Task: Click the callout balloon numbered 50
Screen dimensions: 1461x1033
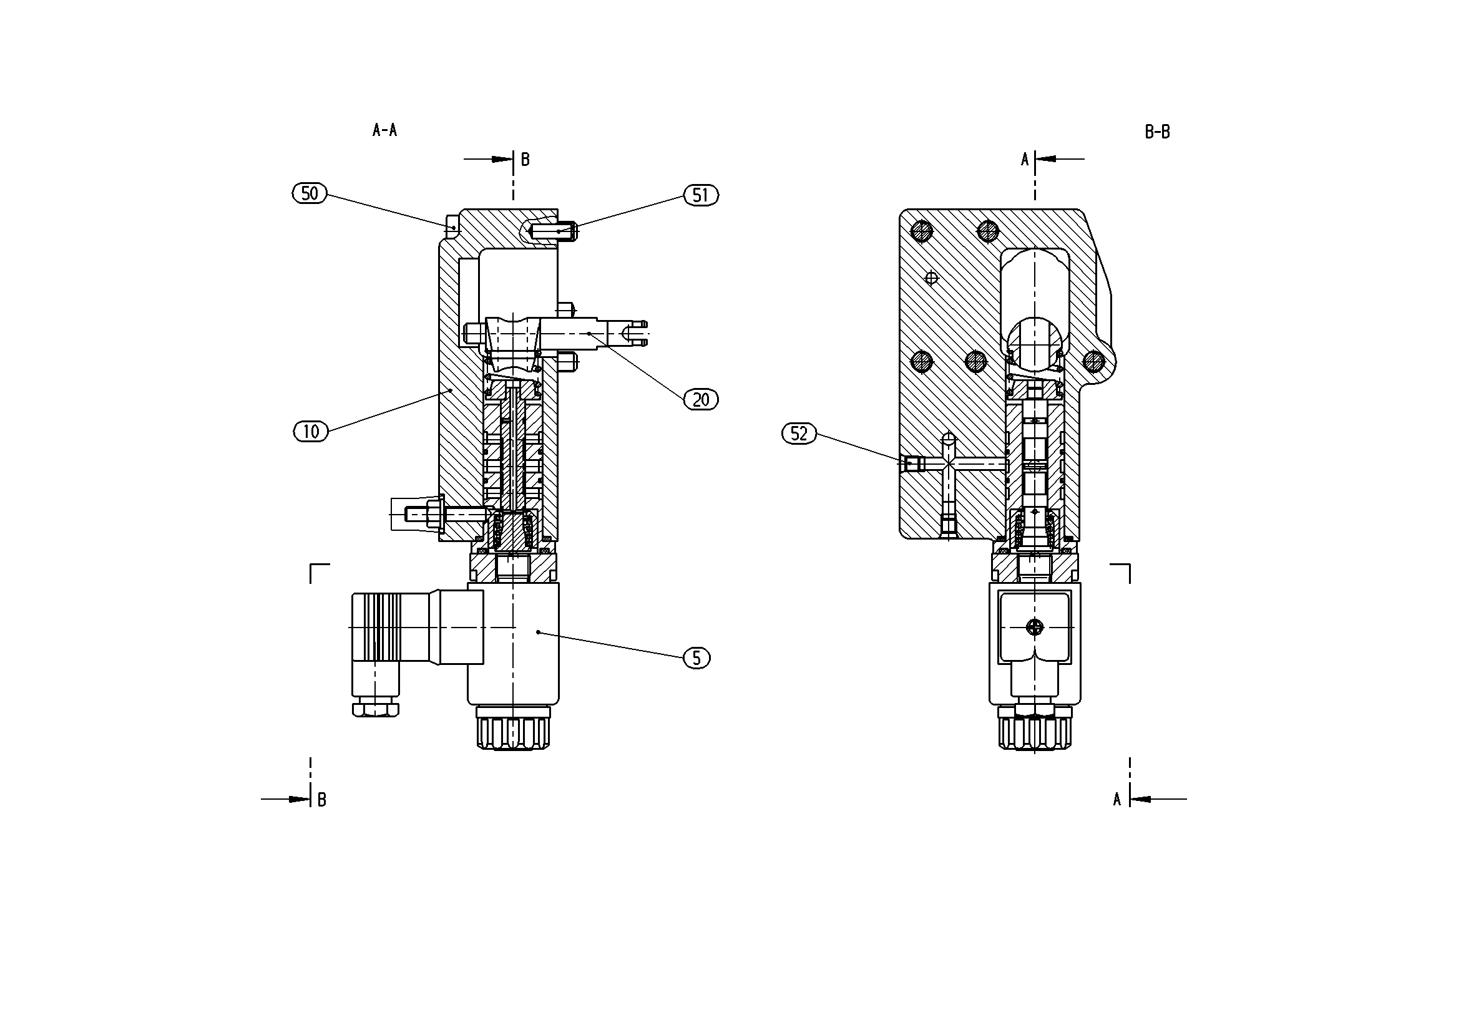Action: (x=310, y=193)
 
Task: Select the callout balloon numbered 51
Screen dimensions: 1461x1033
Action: (x=701, y=195)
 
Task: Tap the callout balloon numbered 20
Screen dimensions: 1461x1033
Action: (x=701, y=399)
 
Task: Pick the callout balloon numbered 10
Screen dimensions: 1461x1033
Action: (x=311, y=432)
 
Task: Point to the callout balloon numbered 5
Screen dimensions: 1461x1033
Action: (x=696, y=657)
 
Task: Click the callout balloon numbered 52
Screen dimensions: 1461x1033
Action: (x=799, y=434)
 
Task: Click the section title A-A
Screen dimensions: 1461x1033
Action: (x=384, y=130)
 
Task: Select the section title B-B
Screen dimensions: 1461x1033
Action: (x=1157, y=132)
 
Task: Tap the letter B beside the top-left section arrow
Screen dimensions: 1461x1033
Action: (x=525, y=160)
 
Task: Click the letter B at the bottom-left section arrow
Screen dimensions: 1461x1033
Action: (x=321, y=800)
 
